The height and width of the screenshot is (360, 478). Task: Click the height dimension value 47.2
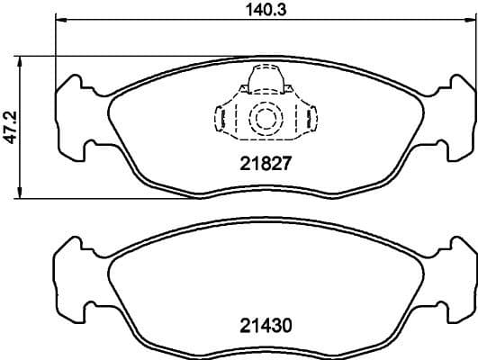[10, 128]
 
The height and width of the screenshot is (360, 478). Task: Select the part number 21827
[263, 165]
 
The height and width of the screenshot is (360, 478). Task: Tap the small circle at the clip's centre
[265, 118]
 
